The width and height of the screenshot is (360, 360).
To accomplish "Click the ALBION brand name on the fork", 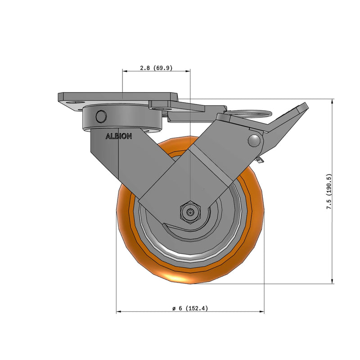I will (x=118, y=136).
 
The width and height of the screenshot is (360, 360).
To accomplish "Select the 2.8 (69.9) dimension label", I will (x=156, y=68).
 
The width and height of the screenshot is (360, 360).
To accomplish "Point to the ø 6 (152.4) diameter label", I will (x=189, y=309).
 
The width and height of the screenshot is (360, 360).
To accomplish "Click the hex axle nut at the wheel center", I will (x=190, y=211).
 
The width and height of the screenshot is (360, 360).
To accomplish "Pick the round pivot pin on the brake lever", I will (x=255, y=140).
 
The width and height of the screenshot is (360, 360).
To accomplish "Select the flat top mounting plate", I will (x=117, y=97).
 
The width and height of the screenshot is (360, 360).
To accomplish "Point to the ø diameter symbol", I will (x=173, y=309).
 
